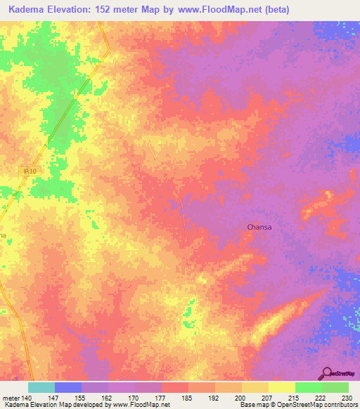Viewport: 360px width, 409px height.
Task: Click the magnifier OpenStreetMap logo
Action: tap(326, 373)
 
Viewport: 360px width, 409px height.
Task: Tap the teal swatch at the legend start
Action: tap(41, 387)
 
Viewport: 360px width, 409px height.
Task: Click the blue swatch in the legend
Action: tap(68, 387)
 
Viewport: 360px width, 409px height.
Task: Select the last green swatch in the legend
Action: tap(335, 387)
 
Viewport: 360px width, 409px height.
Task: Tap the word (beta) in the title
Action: tap(272, 11)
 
